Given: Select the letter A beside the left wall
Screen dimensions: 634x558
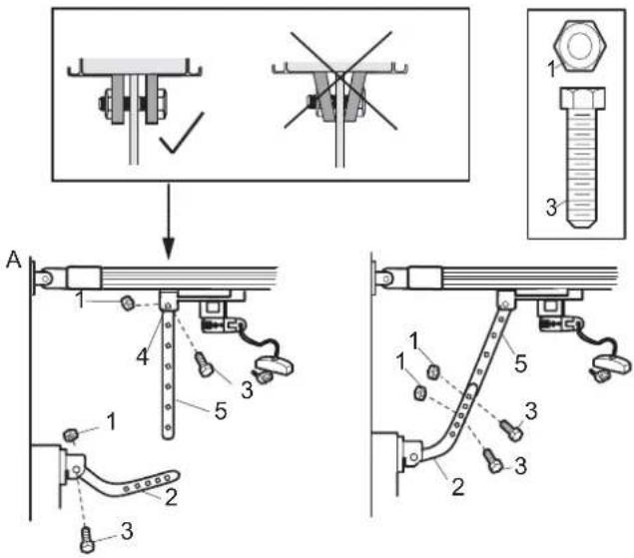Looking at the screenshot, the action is pyautogui.click(x=13, y=260).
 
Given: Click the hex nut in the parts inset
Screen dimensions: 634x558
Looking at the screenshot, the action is pyautogui.click(x=580, y=45).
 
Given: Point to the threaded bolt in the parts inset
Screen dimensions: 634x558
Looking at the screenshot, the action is pyautogui.click(x=582, y=158).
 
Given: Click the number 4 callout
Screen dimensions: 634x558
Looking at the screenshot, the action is pyautogui.click(x=143, y=357).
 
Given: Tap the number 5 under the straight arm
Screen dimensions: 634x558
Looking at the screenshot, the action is pyautogui.click(x=221, y=411).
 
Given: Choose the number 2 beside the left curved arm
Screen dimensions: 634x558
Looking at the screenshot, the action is pyautogui.click(x=171, y=496).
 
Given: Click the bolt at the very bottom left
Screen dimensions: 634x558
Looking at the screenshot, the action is pyautogui.click(x=87, y=539).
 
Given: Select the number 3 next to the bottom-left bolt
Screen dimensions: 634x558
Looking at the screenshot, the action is pyautogui.click(x=127, y=531).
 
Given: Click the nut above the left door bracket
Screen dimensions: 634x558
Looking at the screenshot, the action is pyautogui.click(x=70, y=435).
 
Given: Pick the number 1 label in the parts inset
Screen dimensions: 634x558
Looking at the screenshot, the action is pyautogui.click(x=552, y=69).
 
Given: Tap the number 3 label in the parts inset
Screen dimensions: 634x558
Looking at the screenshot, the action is pyautogui.click(x=551, y=207).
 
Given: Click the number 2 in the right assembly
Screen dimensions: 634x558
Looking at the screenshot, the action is pyautogui.click(x=458, y=486).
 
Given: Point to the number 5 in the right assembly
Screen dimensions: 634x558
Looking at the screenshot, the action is pyautogui.click(x=521, y=363).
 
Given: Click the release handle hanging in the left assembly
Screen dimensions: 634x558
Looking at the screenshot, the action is pyautogui.click(x=272, y=367).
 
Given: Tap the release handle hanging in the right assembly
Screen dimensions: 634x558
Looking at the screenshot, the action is pyautogui.click(x=611, y=367).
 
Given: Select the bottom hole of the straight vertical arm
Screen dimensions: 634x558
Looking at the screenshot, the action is pyautogui.click(x=168, y=426).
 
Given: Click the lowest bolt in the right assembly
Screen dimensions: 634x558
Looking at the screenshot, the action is pyautogui.click(x=493, y=461).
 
